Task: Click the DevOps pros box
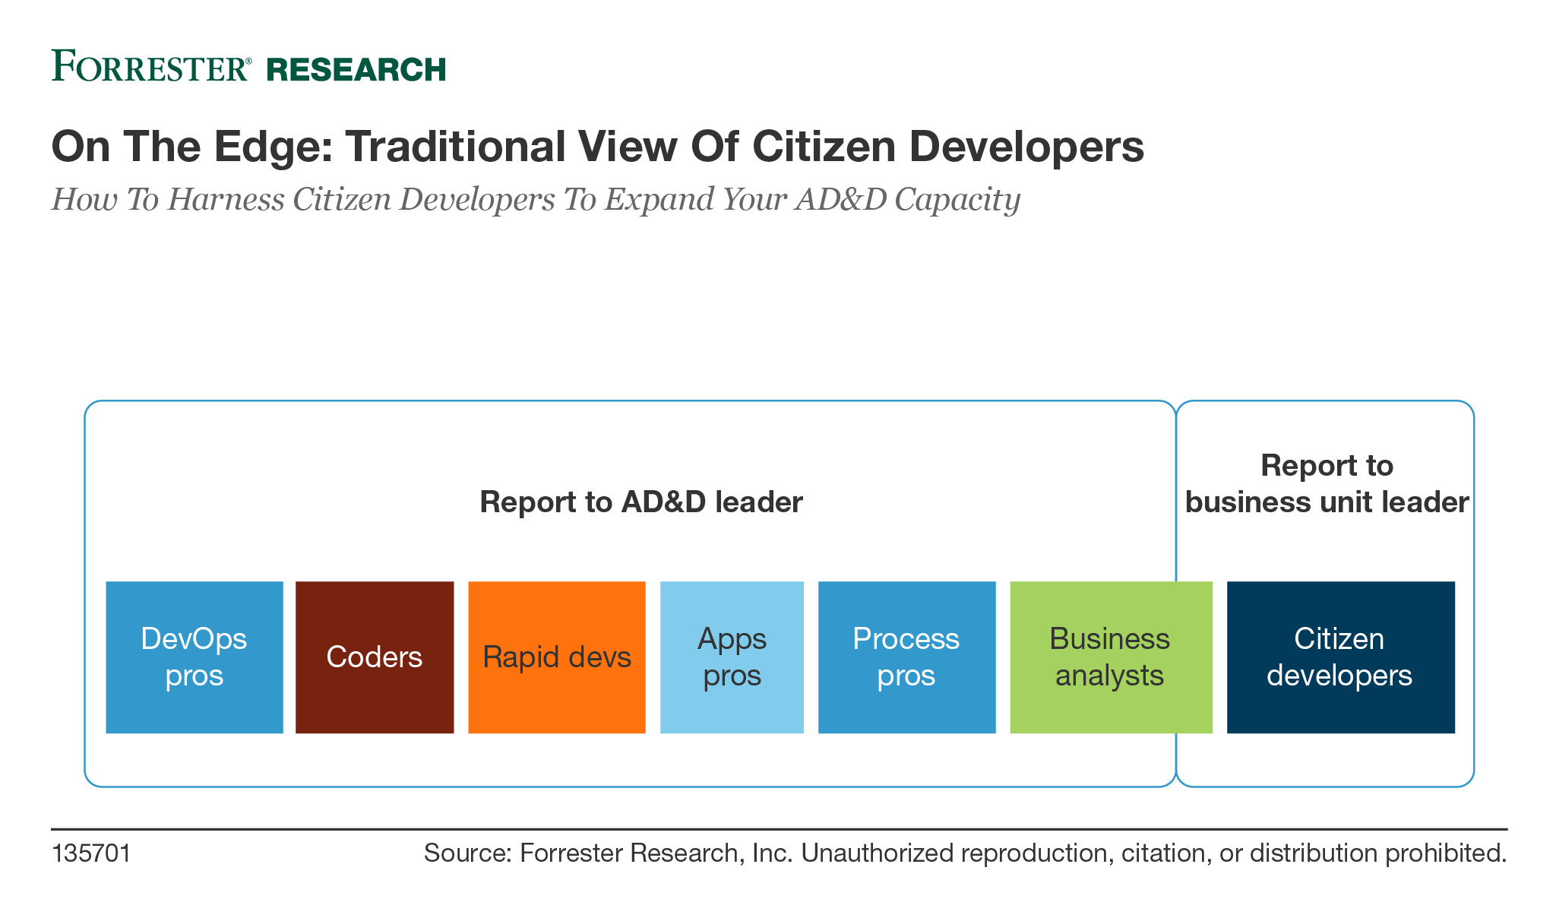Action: tap(194, 657)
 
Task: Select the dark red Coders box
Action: tap(375, 657)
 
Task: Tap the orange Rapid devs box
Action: tap(557, 657)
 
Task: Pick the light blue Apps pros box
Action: tap(732, 657)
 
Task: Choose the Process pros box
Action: tap(906, 657)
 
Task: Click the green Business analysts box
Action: tap(1110, 657)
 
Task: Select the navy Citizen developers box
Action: tap(1340, 657)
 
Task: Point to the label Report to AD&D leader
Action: tap(641, 502)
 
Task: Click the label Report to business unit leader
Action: tap(1327, 484)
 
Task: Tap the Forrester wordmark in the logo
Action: tap(150, 67)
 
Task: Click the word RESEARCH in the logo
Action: tap(356, 70)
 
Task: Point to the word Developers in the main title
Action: tap(1026, 146)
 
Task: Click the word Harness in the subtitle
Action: tap(226, 200)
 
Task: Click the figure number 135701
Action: tap(91, 853)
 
